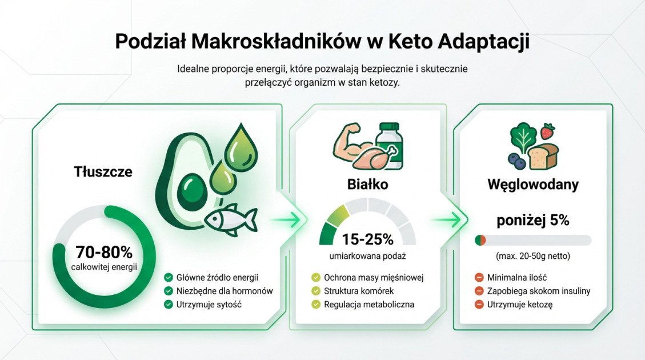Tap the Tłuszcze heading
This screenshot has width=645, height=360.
coord(103,171)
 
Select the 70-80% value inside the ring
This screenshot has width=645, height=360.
coord(103,252)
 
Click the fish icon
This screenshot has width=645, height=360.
coord(230,218)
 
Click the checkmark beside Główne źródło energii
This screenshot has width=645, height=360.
coord(168,277)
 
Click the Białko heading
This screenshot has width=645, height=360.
coord(367,185)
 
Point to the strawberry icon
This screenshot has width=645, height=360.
coord(548,131)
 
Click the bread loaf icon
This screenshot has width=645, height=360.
coord(543,156)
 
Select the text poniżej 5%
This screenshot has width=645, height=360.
coord(532,221)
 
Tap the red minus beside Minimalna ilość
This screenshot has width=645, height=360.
coord(479,277)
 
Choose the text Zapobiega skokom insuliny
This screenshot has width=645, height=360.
coord(538,291)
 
